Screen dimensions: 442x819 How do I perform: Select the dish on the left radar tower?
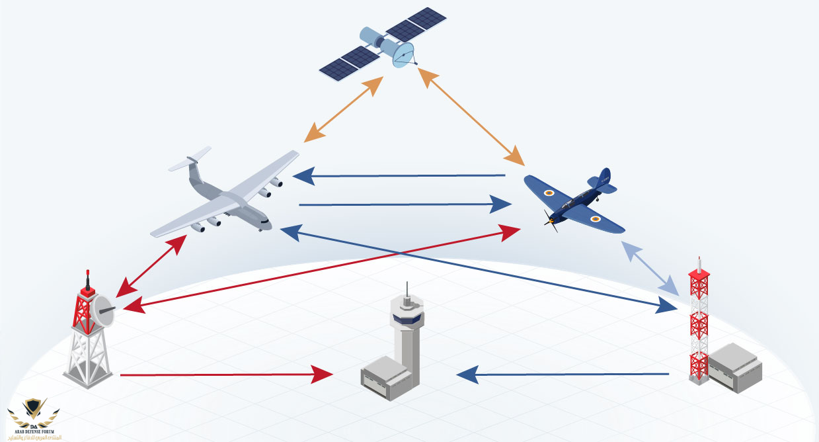point(102,310)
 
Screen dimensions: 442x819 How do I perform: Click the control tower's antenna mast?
point(407,291)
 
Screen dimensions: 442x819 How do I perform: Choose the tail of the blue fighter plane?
point(602,181)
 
